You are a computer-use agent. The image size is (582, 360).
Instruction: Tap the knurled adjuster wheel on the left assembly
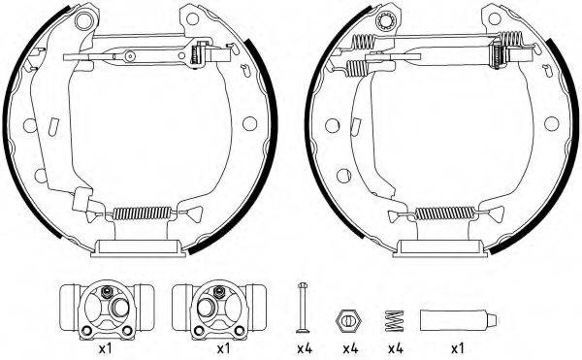[x=202, y=54]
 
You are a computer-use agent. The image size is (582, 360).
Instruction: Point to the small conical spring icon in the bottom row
[x=395, y=317]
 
